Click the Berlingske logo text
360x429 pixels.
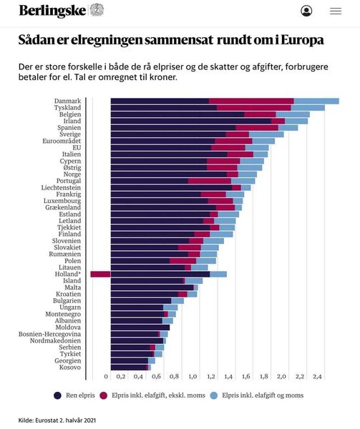click(52, 11)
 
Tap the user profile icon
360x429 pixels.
click(306, 11)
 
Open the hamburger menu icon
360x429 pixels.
click(336, 11)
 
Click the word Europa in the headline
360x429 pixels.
click(303, 40)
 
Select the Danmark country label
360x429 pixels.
click(67, 101)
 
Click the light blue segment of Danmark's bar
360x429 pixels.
click(316, 101)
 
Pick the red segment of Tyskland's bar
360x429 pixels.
click(254, 108)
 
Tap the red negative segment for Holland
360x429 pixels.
click(100, 274)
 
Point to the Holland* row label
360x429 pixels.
click(68, 274)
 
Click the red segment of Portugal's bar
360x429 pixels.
click(210, 181)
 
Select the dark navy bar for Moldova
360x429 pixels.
click(140, 327)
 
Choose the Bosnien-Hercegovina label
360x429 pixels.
click(50, 334)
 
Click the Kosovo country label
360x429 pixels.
click(70, 368)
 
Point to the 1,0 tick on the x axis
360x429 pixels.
click(193, 377)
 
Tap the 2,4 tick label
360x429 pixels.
click(317, 377)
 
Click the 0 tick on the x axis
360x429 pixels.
click(106, 377)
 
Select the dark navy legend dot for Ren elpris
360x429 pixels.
click(57, 395)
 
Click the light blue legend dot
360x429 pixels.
click(214, 395)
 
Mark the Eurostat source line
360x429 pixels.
click(57, 420)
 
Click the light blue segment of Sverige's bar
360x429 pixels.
click(266, 134)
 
